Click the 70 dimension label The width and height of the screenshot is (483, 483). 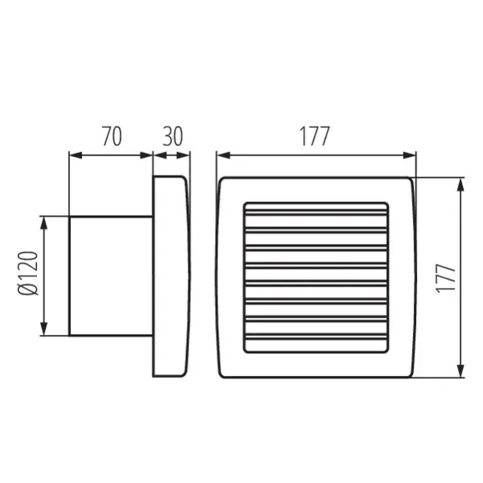(111, 137)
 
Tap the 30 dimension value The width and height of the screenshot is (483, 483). (171, 137)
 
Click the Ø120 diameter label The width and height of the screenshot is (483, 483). (27, 276)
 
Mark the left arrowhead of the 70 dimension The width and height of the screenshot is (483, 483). (75, 155)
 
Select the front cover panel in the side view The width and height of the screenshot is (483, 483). (171, 276)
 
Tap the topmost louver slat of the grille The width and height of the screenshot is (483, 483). (316, 209)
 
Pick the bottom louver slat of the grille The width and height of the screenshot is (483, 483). (316, 341)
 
